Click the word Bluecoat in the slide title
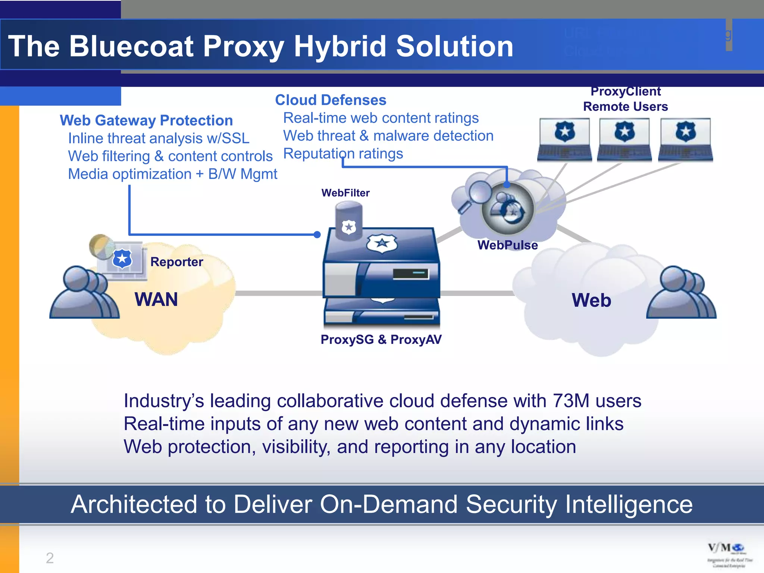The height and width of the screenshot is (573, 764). (x=131, y=46)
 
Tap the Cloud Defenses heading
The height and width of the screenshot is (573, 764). (x=331, y=100)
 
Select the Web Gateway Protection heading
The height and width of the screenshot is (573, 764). (x=146, y=120)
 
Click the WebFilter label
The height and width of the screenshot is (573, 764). (x=345, y=193)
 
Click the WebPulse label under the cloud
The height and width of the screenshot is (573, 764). (x=507, y=245)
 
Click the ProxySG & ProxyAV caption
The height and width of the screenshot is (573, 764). (x=381, y=339)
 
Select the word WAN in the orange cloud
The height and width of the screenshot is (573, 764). (x=156, y=300)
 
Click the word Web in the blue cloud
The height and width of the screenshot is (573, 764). (x=591, y=300)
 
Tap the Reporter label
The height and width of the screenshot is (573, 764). (x=176, y=262)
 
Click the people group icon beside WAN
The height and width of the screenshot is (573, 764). (x=84, y=293)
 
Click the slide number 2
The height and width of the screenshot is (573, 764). (x=50, y=558)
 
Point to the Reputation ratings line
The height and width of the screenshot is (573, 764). (x=343, y=154)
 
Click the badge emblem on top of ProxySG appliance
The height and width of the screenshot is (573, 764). (x=382, y=243)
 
